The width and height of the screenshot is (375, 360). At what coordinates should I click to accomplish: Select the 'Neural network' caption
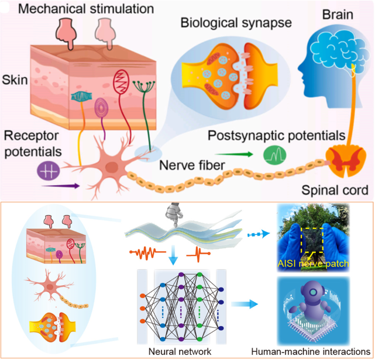point(176,352)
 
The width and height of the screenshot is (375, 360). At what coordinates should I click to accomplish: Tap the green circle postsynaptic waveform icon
point(273,155)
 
